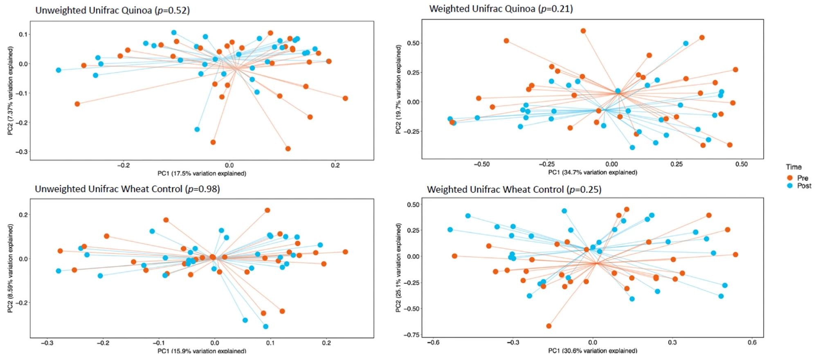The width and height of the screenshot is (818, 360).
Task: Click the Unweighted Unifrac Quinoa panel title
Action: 112,10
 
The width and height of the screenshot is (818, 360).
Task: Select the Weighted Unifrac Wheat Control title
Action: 514,189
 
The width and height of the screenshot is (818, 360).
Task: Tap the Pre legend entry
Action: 798,178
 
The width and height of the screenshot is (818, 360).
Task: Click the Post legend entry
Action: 799,186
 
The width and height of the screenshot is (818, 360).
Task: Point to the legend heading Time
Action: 793,167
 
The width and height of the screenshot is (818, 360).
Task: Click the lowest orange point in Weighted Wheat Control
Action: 549,326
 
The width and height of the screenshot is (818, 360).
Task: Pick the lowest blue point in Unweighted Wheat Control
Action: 266,326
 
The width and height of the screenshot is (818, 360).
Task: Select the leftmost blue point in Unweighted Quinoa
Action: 58,70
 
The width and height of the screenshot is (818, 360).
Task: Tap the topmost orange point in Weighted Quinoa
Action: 583,31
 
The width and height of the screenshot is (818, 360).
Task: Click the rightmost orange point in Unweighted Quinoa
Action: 345,98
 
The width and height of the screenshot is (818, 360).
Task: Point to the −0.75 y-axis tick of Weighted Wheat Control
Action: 411,335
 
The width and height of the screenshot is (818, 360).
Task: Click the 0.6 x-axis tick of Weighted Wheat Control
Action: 752,343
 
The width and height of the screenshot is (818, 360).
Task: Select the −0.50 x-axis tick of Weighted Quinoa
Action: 481,164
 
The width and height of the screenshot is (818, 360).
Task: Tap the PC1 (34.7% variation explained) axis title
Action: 593,172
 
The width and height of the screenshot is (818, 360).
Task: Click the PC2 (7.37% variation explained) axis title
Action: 10,90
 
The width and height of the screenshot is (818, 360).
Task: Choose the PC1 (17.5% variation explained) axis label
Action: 202,173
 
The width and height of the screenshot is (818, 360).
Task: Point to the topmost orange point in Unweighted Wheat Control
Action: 267,210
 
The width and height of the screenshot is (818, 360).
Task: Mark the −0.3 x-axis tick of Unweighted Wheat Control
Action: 47,343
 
